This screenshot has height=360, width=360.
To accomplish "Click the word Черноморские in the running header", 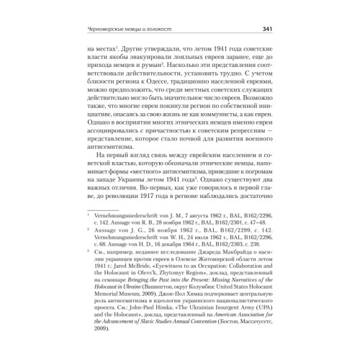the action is tap(109, 30).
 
